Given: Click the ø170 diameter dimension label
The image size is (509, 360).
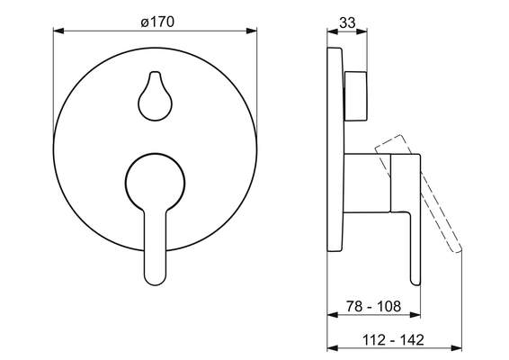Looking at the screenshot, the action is point(157,22).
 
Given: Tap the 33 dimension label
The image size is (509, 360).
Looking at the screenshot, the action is point(347,22).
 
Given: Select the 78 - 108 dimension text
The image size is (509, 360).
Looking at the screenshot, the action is point(373,306).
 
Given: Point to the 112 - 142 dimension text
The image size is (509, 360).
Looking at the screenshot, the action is point(393,340).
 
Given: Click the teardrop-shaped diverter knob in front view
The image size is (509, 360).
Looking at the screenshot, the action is point(156,96).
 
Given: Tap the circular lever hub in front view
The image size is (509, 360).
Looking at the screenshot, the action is point(156,183).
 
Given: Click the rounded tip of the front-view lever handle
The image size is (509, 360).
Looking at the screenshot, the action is point(156,279).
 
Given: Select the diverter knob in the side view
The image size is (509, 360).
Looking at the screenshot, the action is point(356,95).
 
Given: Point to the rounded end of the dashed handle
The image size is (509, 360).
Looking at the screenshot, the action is point(457,249).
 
